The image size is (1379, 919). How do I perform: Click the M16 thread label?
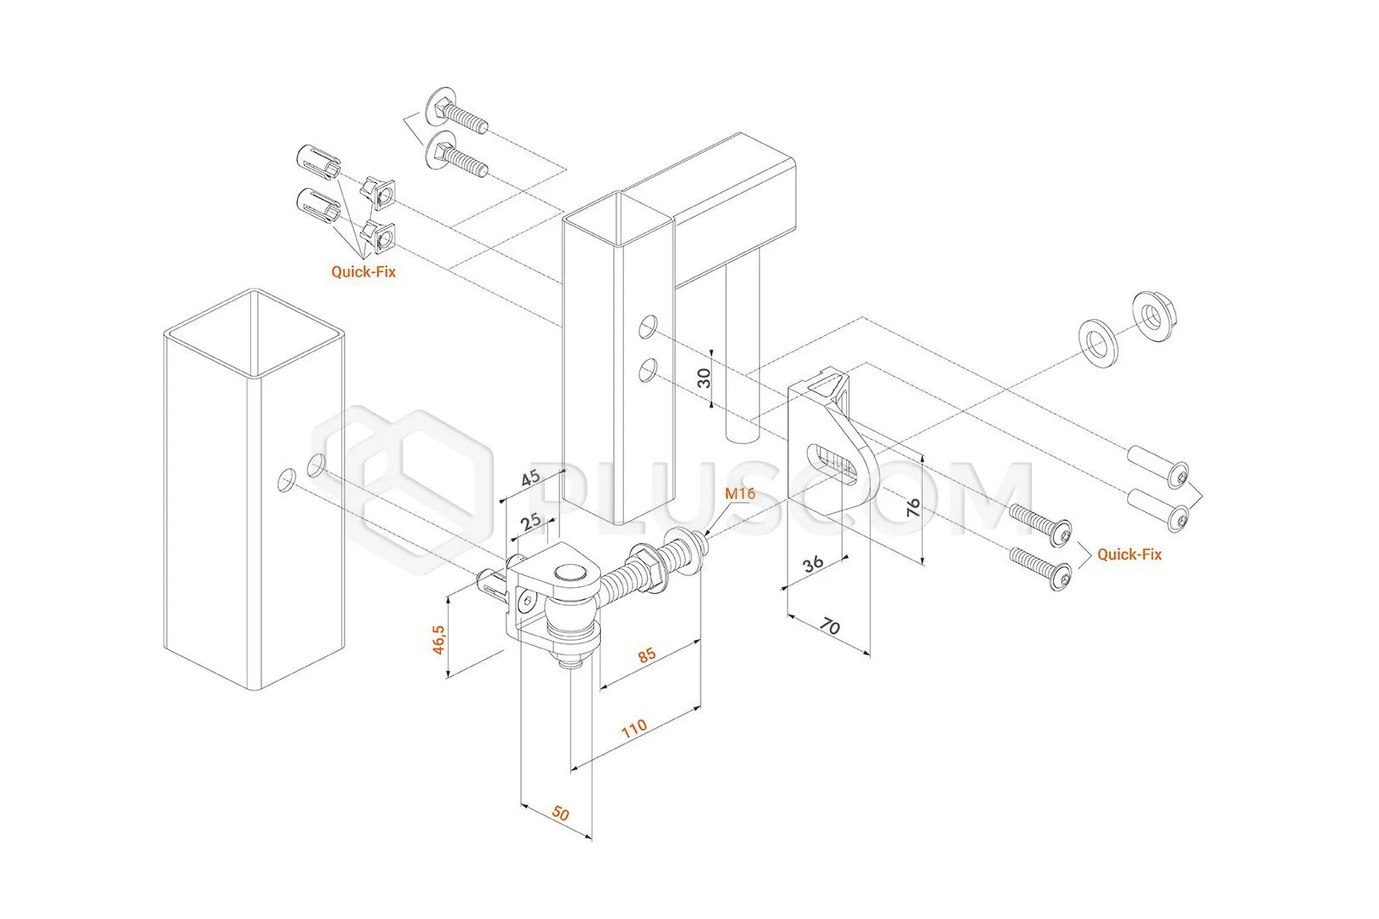coord(740,494)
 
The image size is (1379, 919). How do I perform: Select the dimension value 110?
coord(633,729)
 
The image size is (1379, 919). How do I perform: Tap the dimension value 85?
coord(647,654)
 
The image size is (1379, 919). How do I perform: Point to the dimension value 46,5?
coord(438,639)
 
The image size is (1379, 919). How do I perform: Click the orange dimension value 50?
coord(560,813)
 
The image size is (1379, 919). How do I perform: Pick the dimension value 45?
coord(530,477)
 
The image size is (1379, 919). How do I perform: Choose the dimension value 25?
coord(531,521)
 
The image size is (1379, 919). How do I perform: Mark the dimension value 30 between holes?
coord(704,378)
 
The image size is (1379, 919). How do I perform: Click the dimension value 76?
coord(913,508)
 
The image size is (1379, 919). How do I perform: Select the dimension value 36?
coord(813,562)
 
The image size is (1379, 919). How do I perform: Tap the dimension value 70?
coord(830,627)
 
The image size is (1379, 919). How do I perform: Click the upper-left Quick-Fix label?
coord(363,271)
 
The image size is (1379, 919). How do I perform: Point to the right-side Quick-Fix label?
coord(1129,554)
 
